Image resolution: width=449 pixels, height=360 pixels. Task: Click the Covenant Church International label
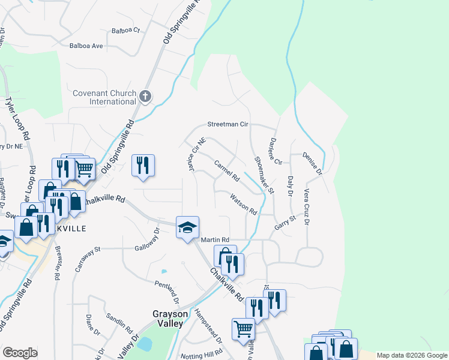click(104, 97)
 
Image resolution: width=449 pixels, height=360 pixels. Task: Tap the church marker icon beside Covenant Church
click(145, 96)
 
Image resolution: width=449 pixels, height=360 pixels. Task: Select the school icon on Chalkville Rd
click(187, 228)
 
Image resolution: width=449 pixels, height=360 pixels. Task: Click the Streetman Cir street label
click(228, 125)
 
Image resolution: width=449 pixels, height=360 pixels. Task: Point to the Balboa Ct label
click(125, 30)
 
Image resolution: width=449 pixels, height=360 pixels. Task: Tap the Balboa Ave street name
click(86, 46)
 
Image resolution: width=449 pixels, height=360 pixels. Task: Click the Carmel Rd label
click(227, 170)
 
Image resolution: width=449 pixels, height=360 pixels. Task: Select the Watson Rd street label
click(244, 203)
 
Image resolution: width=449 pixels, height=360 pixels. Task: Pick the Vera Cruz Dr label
click(307, 207)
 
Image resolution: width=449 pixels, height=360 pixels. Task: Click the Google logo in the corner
click(20, 353)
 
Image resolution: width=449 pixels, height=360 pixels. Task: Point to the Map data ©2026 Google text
click(412, 355)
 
